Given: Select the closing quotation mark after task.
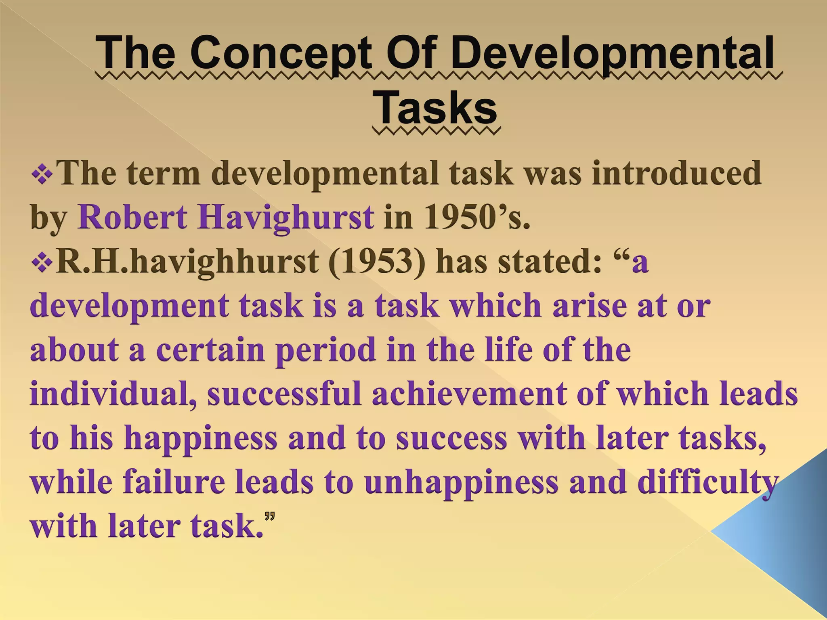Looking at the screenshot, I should click(x=270, y=517).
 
